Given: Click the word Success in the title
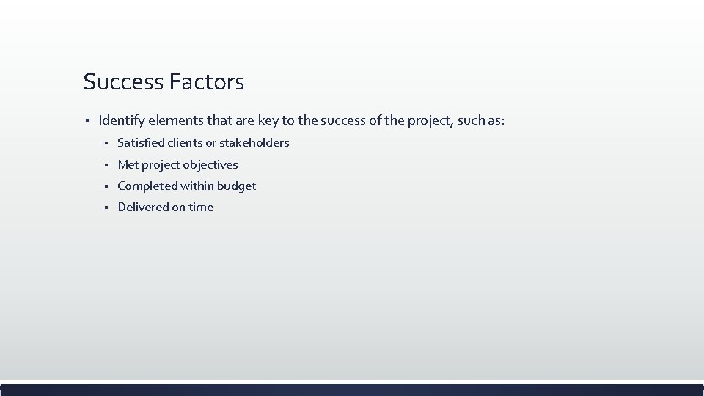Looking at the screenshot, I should pos(123,81).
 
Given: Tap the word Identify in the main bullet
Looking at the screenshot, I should pos(120,120).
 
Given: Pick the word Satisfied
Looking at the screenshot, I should pos(142,143).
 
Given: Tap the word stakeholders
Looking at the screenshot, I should pos(254,143).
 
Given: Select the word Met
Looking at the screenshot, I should pos(128,165).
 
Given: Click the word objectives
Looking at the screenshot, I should pos(210,165).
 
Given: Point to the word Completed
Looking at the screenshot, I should pos(147,186).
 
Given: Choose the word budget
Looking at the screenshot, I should pos(236,186).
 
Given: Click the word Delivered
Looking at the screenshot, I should pos(143,208).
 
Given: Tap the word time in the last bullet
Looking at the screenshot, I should pos(201,208).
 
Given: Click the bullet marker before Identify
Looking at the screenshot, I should pos(87,120).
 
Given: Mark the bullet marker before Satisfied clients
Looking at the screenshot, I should pos(106,143).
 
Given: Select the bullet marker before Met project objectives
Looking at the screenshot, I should pos(106,165).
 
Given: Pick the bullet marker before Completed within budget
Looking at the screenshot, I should pos(106,186).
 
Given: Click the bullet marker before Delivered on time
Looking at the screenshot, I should pos(106,208).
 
